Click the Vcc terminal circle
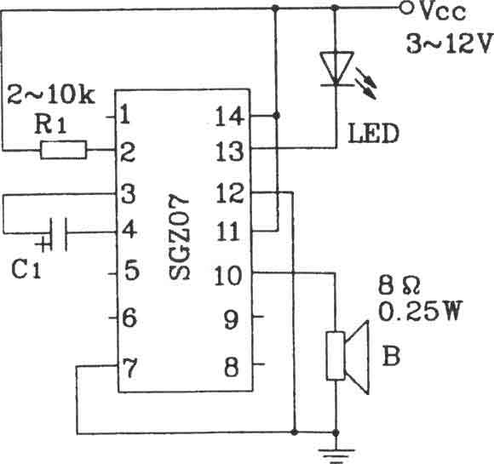pos(406,9)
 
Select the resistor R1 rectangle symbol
pos(64,150)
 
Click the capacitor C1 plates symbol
pos(58,234)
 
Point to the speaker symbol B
pos(348,357)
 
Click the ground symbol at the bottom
pos(336,455)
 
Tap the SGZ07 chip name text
pos(179,237)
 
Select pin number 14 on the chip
pos(229,117)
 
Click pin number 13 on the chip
pos(229,152)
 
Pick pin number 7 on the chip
pos(129,368)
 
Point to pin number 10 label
pos(227,276)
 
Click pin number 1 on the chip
pos(125,114)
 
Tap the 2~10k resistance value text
pos(51,95)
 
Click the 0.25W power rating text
pos(420,311)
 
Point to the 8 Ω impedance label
pos(399,286)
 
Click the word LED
pos(373,134)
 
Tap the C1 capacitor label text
pos(26,270)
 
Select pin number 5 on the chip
pos(132,270)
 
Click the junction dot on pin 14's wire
pos(276,116)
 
